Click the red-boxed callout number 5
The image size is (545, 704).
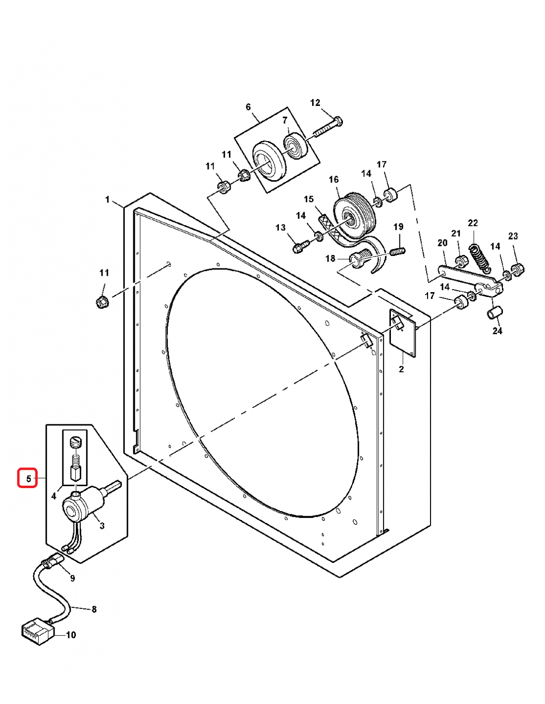coord(28,478)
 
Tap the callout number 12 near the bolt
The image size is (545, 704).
coord(315,102)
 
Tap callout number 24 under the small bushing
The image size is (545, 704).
coord(497,330)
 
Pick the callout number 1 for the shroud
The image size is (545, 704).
coord(108,200)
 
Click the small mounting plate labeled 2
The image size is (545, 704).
coord(403,333)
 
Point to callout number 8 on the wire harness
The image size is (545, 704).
coord(94,609)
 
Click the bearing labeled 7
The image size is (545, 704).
coord(296,146)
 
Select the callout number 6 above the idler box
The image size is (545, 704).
coord(248,107)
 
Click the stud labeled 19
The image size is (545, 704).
coord(397,251)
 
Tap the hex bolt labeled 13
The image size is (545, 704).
coord(299,246)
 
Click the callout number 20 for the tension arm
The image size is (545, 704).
coord(442,243)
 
